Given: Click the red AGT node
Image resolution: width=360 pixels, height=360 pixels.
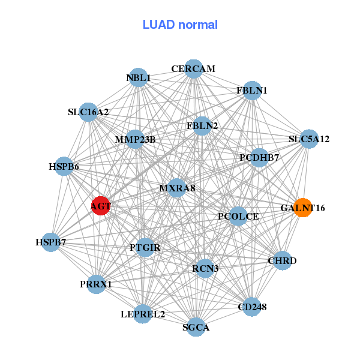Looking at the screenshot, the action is coord(101,206).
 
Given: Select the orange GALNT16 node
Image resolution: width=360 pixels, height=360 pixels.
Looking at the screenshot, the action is coord(303,208).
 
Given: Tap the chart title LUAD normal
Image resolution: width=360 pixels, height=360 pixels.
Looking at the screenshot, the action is coord(180,25).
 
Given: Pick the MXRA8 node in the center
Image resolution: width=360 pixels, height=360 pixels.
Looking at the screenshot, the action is coord(176,188).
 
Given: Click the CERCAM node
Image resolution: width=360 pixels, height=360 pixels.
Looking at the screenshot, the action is coord(194,69).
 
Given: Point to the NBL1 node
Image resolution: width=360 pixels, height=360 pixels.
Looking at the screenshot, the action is coord(138,77).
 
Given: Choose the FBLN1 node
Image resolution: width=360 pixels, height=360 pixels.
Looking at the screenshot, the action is coord(252,91).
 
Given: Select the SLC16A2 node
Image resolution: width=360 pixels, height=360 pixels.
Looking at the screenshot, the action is coord(88,112).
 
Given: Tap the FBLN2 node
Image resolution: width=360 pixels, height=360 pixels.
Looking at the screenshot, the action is coord(202,126).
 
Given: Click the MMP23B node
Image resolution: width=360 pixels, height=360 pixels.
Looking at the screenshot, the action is coord(135,139).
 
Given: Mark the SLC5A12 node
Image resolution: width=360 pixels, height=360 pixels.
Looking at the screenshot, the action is coord(309,139).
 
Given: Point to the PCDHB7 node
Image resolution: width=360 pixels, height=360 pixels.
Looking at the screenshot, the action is coord(259,157).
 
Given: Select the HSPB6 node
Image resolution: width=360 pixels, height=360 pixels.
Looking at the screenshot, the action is coord(64,166).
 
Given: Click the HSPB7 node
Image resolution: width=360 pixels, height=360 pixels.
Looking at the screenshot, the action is coord(51,242).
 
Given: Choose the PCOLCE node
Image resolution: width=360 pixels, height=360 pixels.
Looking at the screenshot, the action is coord(238,216).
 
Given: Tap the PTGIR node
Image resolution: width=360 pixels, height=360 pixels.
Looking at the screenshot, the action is coord(145,247).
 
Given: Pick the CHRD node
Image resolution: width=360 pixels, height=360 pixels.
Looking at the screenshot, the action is coord(283,260).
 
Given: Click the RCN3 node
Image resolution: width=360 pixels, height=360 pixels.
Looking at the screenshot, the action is coord(205,268).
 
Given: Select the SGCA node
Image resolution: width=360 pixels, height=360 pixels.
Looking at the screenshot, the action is coord(196,327).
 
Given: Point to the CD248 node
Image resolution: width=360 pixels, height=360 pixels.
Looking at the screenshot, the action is coord(252,307).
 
